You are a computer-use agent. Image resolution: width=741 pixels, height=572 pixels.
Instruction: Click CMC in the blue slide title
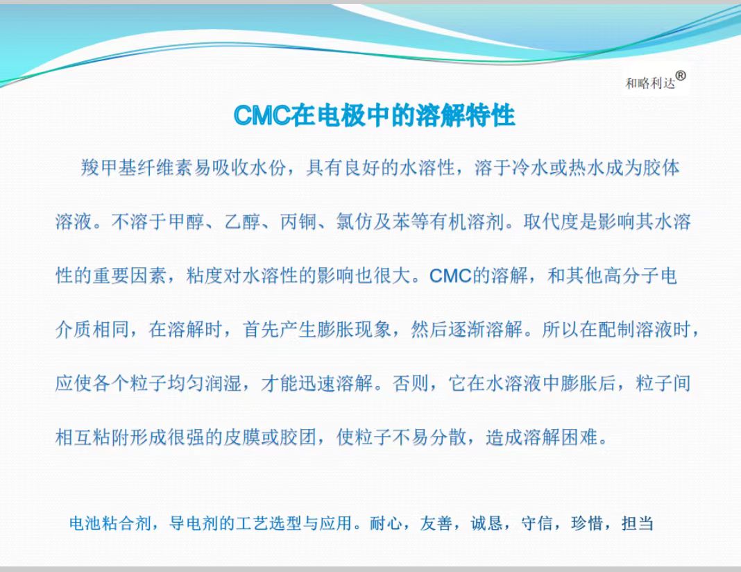pos(262,115)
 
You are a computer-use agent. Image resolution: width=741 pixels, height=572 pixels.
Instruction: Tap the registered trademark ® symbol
pos(681,76)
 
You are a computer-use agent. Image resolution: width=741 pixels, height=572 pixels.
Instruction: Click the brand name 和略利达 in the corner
pos(650,84)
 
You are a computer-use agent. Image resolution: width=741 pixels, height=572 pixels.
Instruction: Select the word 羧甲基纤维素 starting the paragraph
pos(137,167)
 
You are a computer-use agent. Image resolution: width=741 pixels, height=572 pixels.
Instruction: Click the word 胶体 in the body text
pos(662,167)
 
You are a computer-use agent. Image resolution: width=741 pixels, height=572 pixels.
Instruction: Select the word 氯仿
pos(355,221)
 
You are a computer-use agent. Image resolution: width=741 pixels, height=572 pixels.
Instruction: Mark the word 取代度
pos(551,221)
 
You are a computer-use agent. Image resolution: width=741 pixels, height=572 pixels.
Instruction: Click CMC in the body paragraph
pos(451,276)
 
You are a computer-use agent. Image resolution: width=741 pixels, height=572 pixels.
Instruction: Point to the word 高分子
pos(631,276)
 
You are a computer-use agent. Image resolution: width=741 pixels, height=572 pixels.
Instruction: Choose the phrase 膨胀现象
pos(355,330)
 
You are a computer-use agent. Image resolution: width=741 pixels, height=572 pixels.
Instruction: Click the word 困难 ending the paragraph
pos(579,437)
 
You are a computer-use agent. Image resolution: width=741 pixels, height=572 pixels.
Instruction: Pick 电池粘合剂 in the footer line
pos(110,523)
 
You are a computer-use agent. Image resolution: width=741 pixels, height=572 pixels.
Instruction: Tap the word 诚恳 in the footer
pos(486,523)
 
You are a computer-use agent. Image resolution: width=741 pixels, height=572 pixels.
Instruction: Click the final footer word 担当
pos(638,523)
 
